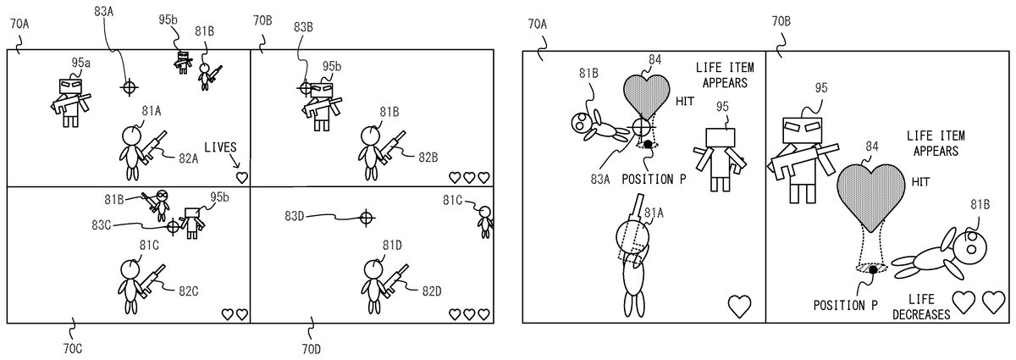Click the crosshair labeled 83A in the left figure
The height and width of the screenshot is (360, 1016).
[129, 86]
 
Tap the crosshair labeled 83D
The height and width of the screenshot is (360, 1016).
[366, 218]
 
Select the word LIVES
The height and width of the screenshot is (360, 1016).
[220, 146]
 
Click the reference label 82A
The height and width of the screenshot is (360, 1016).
[188, 158]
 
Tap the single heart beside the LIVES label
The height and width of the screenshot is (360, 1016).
[242, 177]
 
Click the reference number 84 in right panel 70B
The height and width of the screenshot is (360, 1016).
[871, 147]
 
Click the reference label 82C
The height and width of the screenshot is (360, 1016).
[188, 291]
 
